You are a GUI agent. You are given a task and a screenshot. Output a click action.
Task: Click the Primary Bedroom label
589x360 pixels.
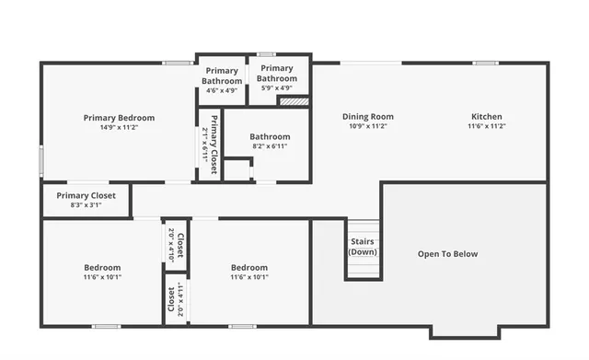point(119,118)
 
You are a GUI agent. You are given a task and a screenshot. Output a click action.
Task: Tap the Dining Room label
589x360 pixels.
point(368,117)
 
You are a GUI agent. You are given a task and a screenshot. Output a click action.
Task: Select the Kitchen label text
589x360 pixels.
point(487,117)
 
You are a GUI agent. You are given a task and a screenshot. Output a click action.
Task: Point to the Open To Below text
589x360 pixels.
point(448,254)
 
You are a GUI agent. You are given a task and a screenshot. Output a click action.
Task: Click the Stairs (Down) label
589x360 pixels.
point(363,247)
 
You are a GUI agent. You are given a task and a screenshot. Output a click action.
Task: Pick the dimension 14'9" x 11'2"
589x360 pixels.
point(119,128)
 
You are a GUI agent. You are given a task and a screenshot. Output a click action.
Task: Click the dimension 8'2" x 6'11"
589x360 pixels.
point(270,146)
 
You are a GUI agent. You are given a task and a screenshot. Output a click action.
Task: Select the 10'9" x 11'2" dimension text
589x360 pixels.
point(368,127)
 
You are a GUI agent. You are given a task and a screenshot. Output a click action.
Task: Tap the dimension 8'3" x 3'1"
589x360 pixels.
point(86,205)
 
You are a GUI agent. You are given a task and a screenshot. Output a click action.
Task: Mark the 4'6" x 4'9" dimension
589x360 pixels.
point(222,90)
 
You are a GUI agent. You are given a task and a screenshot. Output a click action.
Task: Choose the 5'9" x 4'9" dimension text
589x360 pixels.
point(276,88)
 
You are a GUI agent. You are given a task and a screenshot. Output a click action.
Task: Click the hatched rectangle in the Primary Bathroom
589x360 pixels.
point(293,101)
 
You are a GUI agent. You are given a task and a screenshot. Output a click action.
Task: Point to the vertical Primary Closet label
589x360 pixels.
point(210,145)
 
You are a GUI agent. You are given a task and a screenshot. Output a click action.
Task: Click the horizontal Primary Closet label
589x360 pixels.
point(86,195)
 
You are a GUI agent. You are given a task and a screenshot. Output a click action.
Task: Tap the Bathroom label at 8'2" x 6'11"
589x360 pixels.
point(270,137)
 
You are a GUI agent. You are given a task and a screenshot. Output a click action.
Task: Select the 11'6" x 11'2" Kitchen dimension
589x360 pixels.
point(487,127)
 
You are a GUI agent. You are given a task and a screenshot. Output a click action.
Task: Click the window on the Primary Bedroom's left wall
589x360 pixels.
point(40,160)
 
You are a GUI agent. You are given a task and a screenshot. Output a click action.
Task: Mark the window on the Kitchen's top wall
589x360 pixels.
point(486,63)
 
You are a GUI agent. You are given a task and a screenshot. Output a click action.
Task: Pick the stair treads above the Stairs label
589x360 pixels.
point(363,229)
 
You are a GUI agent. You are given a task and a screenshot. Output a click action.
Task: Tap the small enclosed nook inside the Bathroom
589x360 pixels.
point(237,170)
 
